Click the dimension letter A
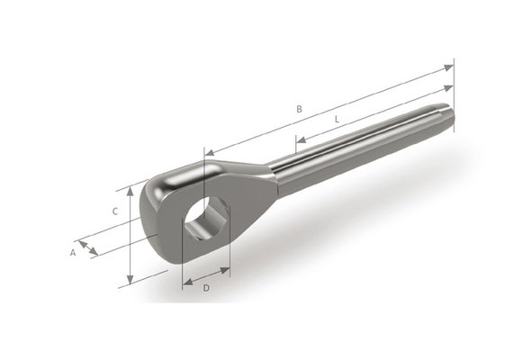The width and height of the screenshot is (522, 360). [73, 253]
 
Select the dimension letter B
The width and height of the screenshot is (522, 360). [299, 110]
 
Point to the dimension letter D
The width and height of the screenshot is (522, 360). [206, 288]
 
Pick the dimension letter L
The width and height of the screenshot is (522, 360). [336, 118]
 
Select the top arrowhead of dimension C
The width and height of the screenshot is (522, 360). [132, 186]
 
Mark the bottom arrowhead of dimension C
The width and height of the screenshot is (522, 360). [132, 282]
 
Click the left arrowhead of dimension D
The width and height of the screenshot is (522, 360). [184, 279]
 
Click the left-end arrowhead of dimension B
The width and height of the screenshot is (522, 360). [208, 154]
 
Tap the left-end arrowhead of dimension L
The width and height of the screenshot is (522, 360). [298, 141]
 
